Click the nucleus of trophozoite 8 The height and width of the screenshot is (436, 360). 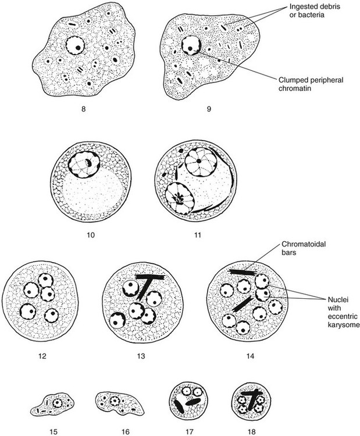pyautogui.click(x=74, y=45)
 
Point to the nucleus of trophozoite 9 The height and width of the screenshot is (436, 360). pyautogui.click(x=190, y=45)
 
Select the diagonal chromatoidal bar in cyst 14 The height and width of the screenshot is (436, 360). pyautogui.click(x=243, y=303)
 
